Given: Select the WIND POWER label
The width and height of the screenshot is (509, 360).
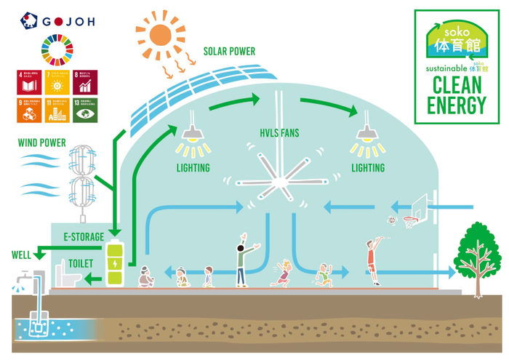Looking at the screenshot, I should click(42, 142).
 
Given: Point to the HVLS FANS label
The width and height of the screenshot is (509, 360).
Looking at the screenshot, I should click(280, 133).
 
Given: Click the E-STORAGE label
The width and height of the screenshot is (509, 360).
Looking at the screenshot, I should click(84, 237).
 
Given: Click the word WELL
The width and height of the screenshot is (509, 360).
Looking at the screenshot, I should click(21, 255).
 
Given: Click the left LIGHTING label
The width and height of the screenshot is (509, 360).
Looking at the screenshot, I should click(193, 168).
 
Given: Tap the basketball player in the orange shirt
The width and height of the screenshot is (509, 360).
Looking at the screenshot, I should click(373, 263).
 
